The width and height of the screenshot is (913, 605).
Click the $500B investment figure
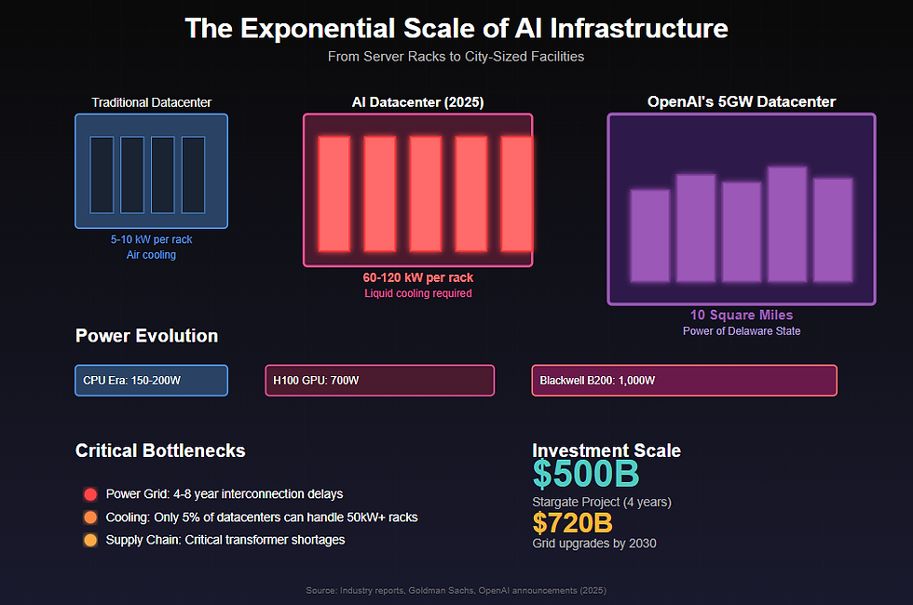586,475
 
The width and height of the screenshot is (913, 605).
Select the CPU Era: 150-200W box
151,381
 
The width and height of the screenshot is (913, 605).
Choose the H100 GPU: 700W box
379,381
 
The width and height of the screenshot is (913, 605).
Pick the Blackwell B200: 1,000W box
684,381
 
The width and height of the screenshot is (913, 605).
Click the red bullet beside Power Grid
90,494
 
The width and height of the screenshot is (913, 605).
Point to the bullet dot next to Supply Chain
90,540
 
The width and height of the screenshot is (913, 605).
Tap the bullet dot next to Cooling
90,518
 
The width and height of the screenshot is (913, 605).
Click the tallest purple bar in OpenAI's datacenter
787,223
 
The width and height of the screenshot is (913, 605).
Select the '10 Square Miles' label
742,316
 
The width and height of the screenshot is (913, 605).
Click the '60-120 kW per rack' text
417,277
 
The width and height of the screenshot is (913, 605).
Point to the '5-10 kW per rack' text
151,239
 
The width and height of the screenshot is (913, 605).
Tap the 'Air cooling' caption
151,255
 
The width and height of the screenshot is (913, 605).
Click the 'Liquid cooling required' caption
417,293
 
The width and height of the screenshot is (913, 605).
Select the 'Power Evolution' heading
146,336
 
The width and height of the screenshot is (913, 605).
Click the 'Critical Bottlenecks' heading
160,450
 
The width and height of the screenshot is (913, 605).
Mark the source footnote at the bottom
456,590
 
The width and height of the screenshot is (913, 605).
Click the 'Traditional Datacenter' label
151,102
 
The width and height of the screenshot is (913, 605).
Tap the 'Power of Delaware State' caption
742,331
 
